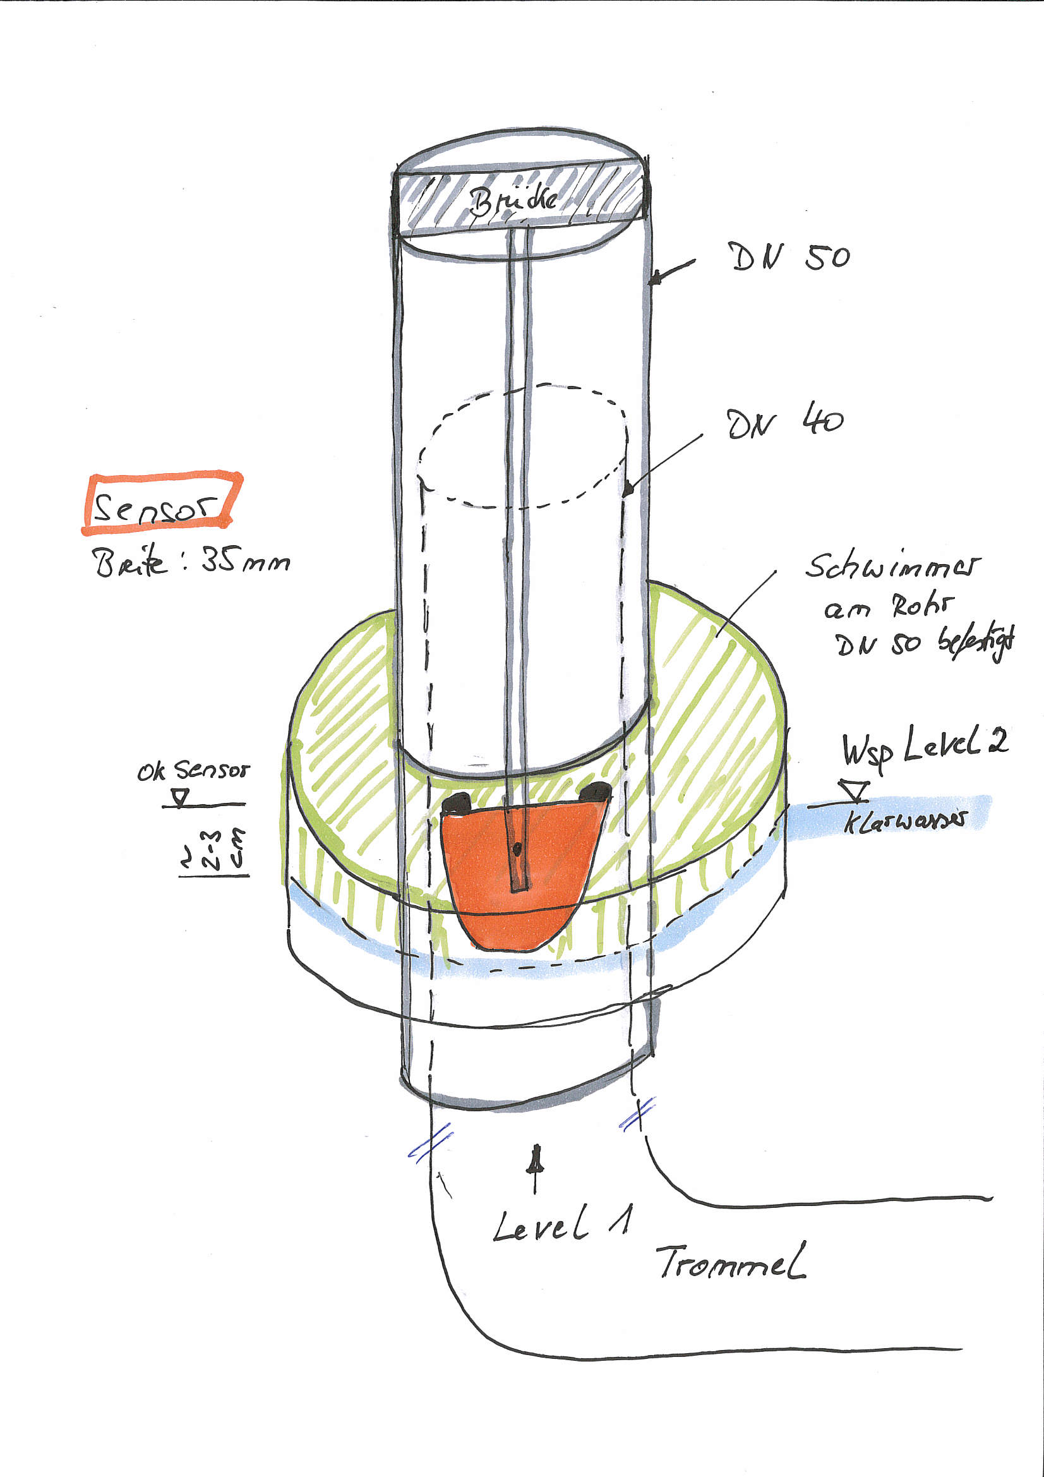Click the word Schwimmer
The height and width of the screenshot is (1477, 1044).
pos(893,566)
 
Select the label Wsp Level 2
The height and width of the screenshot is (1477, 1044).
pos(925,749)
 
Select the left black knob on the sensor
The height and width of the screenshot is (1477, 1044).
pos(457,802)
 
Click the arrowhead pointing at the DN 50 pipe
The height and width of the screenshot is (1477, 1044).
pos(656,279)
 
